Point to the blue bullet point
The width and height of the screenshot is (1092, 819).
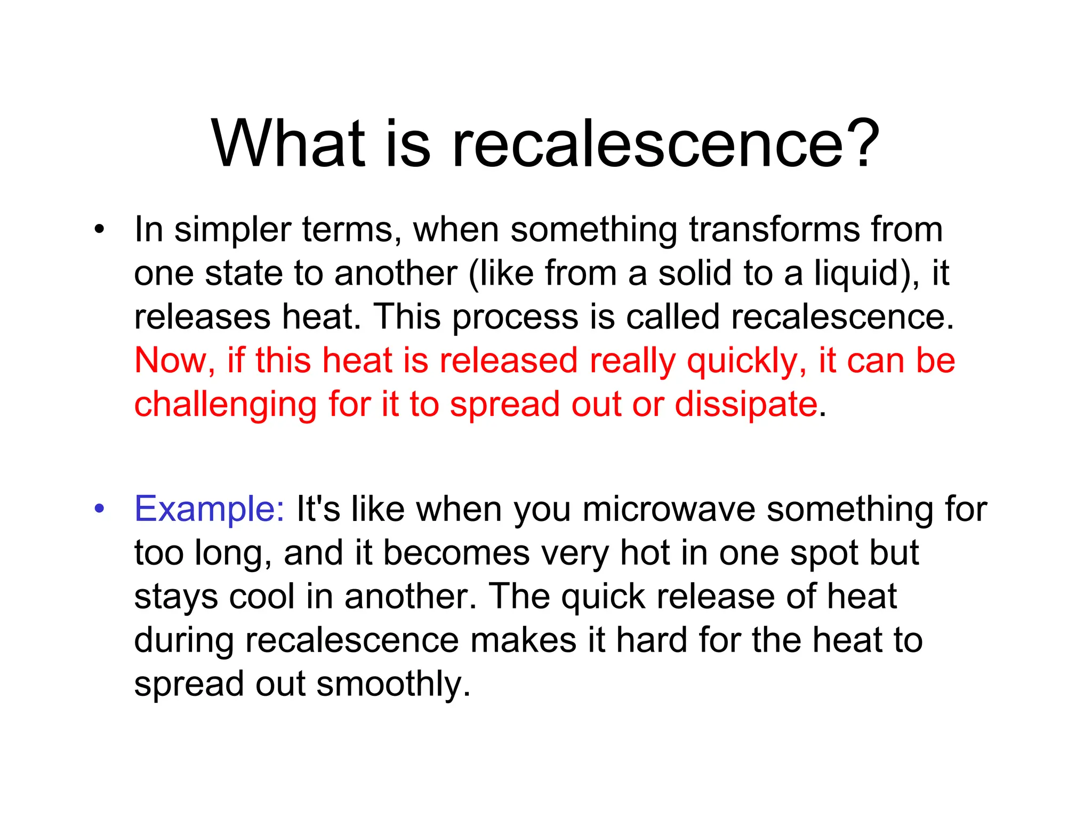coord(99,509)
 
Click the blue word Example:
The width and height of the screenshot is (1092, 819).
coord(210,509)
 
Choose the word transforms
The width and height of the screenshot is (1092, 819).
coord(774,230)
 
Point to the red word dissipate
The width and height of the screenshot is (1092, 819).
coord(746,405)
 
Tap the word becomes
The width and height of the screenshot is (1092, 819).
coord(456,553)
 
